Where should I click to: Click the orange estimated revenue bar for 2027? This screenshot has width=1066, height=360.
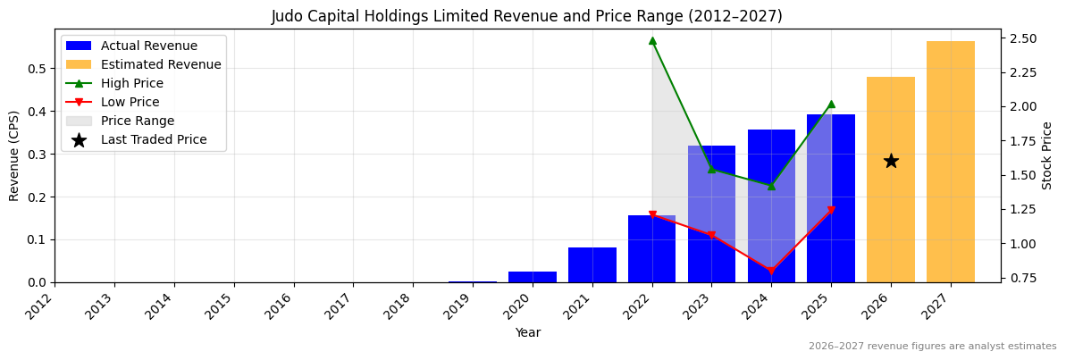click(950, 162)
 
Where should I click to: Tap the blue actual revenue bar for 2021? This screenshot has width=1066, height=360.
click(592, 265)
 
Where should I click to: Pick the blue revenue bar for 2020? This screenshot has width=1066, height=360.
click(532, 277)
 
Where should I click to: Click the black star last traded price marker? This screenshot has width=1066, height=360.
click(890, 161)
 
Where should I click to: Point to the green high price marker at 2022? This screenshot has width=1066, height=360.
click(652, 40)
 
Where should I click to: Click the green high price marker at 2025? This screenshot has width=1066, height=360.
click(831, 105)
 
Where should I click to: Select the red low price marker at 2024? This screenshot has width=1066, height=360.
click(771, 271)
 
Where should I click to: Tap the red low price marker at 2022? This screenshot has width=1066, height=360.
click(652, 215)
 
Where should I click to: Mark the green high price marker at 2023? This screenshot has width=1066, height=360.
click(711, 169)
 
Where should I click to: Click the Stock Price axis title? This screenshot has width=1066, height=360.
click(1046, 155)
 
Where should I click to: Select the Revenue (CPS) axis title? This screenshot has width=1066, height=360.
click(14, 155)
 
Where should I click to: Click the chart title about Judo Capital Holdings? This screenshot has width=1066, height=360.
click(526, 16)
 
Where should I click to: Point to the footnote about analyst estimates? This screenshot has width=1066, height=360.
click(932, 347)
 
